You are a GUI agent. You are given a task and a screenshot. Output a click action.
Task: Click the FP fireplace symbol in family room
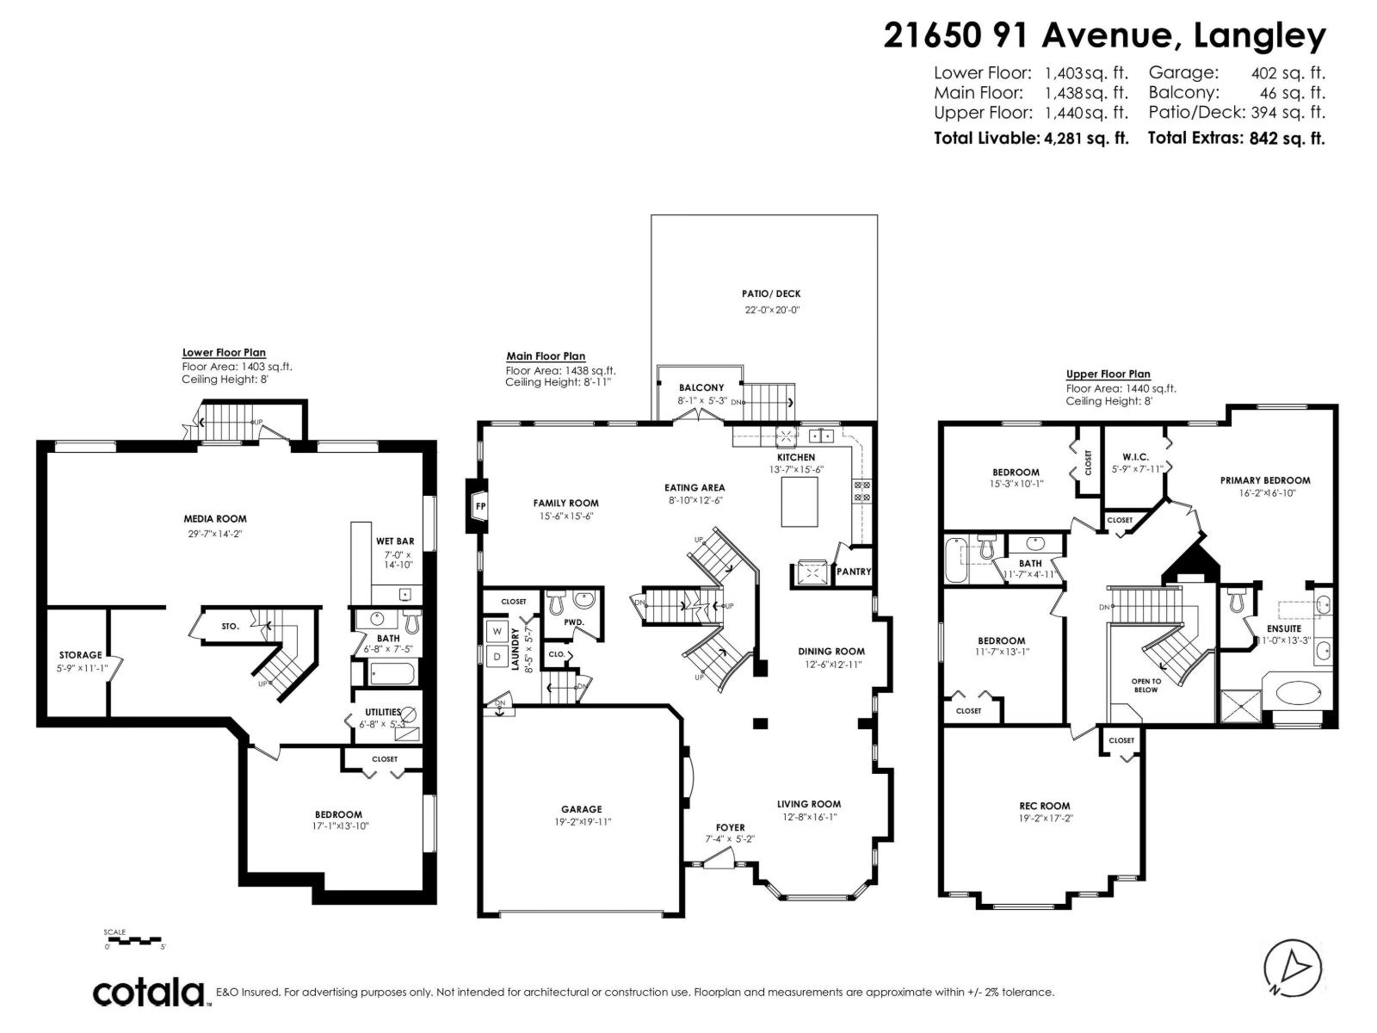479,506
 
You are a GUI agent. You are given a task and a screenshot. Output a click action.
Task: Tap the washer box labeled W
497,632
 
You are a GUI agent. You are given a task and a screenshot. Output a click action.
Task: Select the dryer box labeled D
497,657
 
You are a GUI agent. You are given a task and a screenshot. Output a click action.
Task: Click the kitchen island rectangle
800,503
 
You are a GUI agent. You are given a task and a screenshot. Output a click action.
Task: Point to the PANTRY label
854,572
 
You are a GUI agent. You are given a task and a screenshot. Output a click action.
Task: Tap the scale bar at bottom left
133,940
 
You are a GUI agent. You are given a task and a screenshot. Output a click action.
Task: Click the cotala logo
148,992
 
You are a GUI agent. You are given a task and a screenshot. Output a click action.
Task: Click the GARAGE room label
581,809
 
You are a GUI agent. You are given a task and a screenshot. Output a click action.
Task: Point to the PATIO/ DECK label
771,294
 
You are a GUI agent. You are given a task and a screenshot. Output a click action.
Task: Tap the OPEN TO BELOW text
1145,685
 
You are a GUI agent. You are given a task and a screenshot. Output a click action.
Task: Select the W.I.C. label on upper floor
1135,457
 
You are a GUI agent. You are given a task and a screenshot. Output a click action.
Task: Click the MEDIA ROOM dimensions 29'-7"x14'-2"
214,534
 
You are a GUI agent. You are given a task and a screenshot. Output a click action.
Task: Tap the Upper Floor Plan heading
1108,374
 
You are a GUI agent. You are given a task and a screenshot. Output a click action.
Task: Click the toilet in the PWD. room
557,600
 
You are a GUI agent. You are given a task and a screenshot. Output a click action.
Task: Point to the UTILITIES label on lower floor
383,712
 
